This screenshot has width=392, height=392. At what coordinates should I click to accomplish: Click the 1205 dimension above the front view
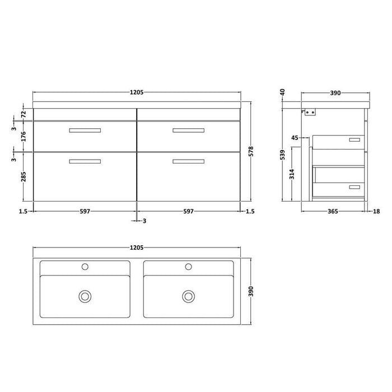(x=137, y=93)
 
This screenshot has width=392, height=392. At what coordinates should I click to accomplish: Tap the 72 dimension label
(x=24, y=114)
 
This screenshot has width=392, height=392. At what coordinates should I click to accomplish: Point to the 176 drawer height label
(x=24, y=136)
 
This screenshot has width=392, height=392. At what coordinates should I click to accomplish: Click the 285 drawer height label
(x=24, y=177)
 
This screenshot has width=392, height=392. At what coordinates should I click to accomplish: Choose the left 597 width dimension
(x=85, y=211)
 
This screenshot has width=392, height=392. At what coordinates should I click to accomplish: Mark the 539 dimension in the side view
(x=283, y=153)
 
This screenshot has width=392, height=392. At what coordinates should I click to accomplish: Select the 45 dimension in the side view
(x=295, y=138)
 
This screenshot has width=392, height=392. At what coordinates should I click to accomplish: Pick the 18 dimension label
(x=376, y=211)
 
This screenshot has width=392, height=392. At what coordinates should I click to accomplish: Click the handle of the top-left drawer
(x=85, y=130)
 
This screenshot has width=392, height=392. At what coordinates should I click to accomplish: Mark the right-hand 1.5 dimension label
(x=250, y=211)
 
